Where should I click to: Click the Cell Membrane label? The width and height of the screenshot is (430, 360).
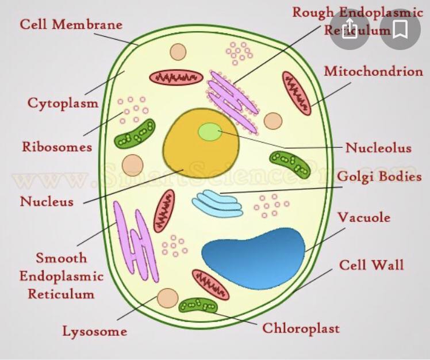pyautogui.click(x=71, y=25)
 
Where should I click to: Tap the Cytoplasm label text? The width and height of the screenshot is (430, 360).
pyautogui.click(x=63, y=103)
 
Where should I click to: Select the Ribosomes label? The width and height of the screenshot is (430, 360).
pyautogui.click(x=57, y=147)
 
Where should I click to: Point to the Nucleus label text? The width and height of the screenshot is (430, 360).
pyautogui.click(x=47, y=202)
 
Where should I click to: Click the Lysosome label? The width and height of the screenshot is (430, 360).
pyautogui.click(x=94, y=331)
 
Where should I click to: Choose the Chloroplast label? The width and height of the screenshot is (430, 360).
pyautogui.click(x=301, y=328)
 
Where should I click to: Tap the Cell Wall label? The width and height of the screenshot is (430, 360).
pyautogui.click(x=371, y=265)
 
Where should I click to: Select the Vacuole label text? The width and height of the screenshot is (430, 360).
pyautogui.click(x=363, y=218)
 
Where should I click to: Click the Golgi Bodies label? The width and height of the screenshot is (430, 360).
pyautogui.click(x=379, y=177)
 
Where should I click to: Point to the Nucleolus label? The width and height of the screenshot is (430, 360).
pyautogui.click(x=378, y=148)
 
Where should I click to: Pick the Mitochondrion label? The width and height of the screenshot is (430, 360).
pyautogui.click(x=373, y=71)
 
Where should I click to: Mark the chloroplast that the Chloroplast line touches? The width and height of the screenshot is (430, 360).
pyautogui.click(x=198, y=305)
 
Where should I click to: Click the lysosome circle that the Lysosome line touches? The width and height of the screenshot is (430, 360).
pyautogui.click(x=167, y=298)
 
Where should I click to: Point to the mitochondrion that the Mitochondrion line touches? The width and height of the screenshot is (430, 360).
pyautogui.click(x=297, y=93)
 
